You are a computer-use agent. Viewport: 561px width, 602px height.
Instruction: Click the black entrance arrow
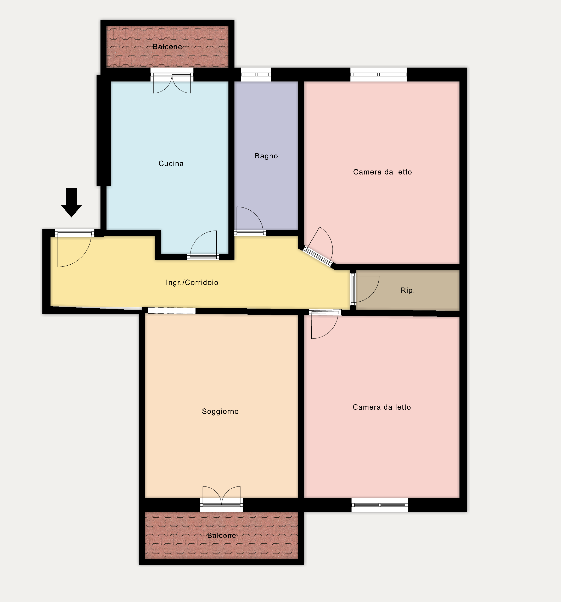[71, 202]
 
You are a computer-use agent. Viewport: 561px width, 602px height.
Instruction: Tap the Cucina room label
[171, 163]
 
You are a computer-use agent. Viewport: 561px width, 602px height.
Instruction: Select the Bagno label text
[266, 156]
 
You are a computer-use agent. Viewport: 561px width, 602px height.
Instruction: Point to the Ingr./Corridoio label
[192, 282]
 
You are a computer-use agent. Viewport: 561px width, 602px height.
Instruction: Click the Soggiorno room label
[220, 411]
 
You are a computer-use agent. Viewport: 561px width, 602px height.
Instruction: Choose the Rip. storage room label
[408, 291]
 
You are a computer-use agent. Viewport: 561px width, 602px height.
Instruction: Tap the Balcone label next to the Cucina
[167, 47]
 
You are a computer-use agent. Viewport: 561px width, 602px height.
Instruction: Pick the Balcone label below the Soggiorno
[221, 535]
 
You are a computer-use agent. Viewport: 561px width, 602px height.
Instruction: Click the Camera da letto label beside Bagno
[382, 172]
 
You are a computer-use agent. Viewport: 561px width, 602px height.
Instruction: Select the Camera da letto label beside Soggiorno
[382, 407]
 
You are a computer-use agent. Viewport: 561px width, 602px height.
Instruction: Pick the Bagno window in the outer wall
[256, 74]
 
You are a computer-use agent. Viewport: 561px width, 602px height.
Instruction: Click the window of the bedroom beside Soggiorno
[380, 505]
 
